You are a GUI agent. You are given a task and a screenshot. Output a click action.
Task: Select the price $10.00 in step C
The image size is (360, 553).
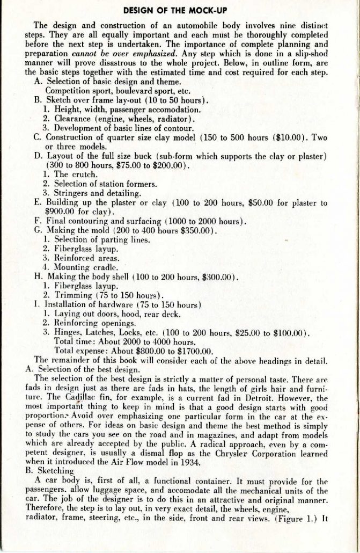click(292, 137)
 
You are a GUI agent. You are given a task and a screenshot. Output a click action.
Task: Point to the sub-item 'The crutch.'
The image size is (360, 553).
click(69, 174)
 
